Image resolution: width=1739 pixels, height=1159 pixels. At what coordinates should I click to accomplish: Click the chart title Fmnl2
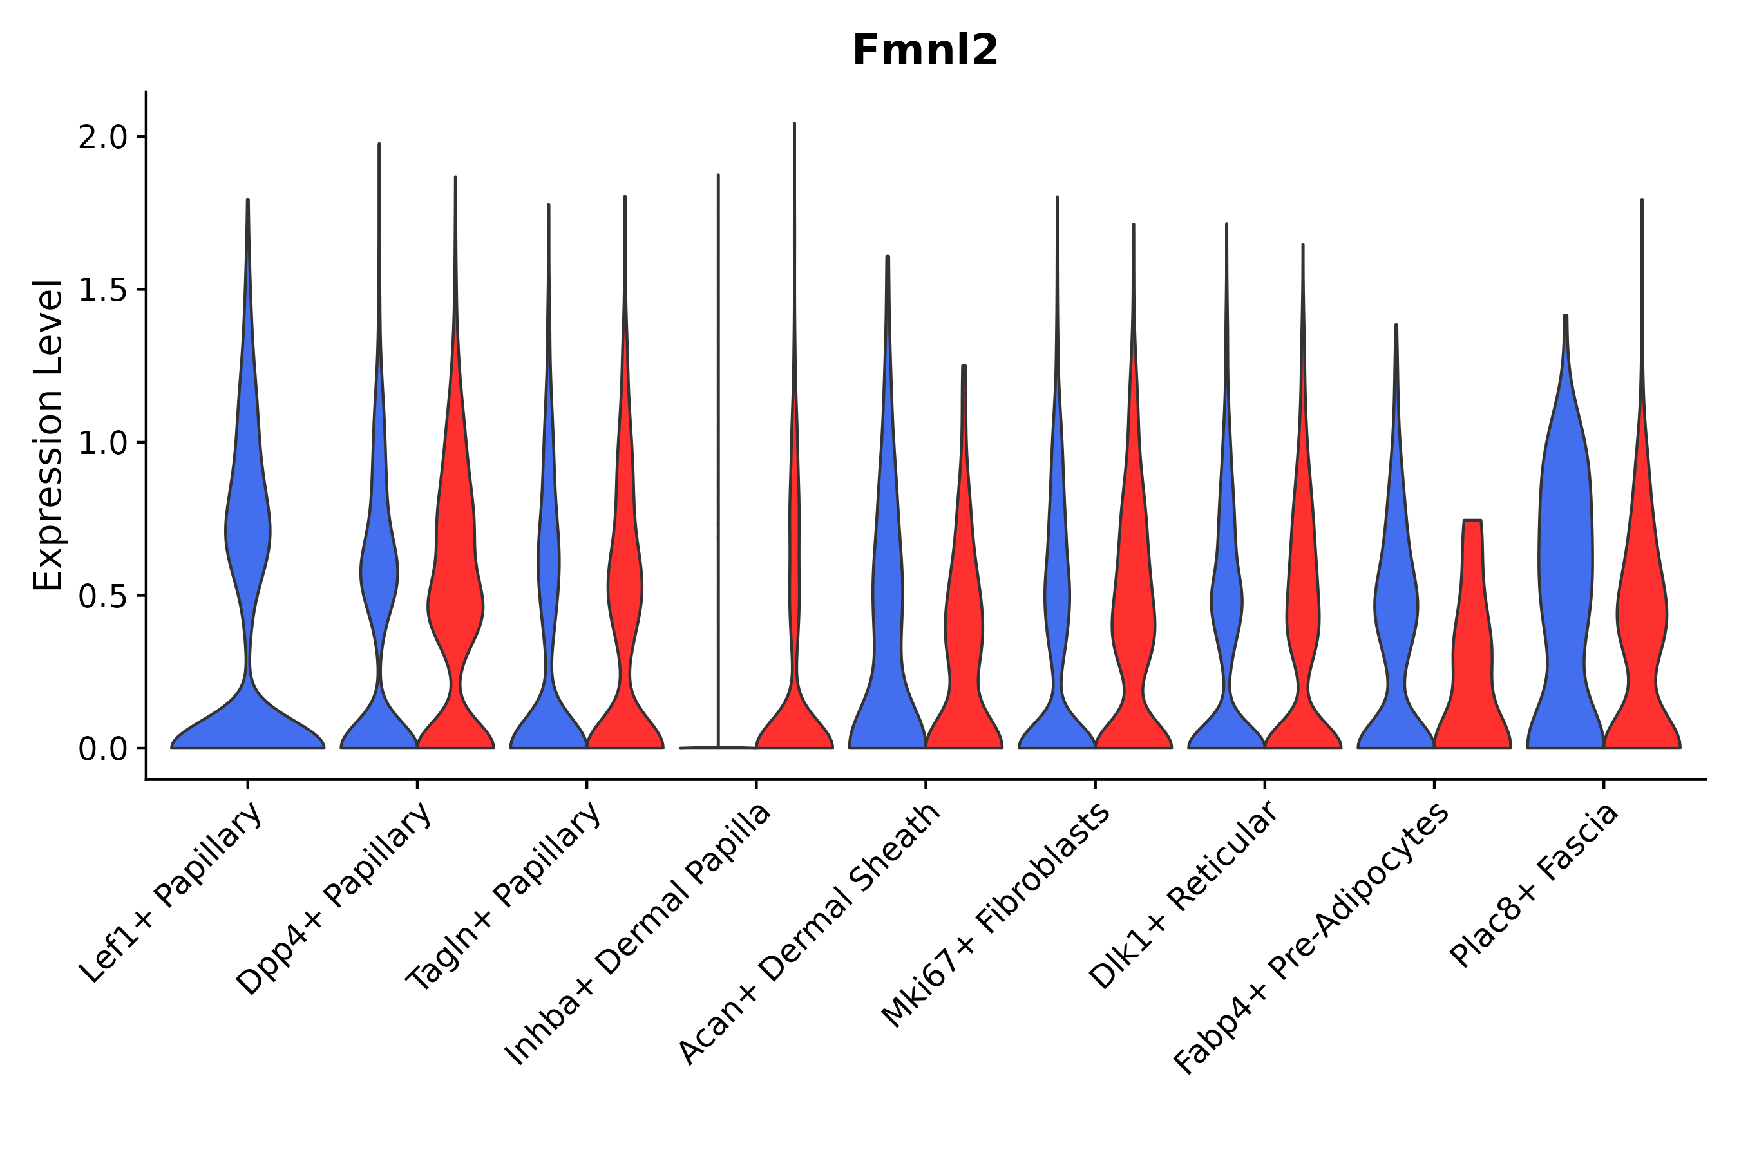pyautogui.click(x=924, y=51)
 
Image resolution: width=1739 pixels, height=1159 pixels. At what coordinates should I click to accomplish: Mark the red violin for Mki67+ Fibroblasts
pyautogui.click(x=1133, y=628)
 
